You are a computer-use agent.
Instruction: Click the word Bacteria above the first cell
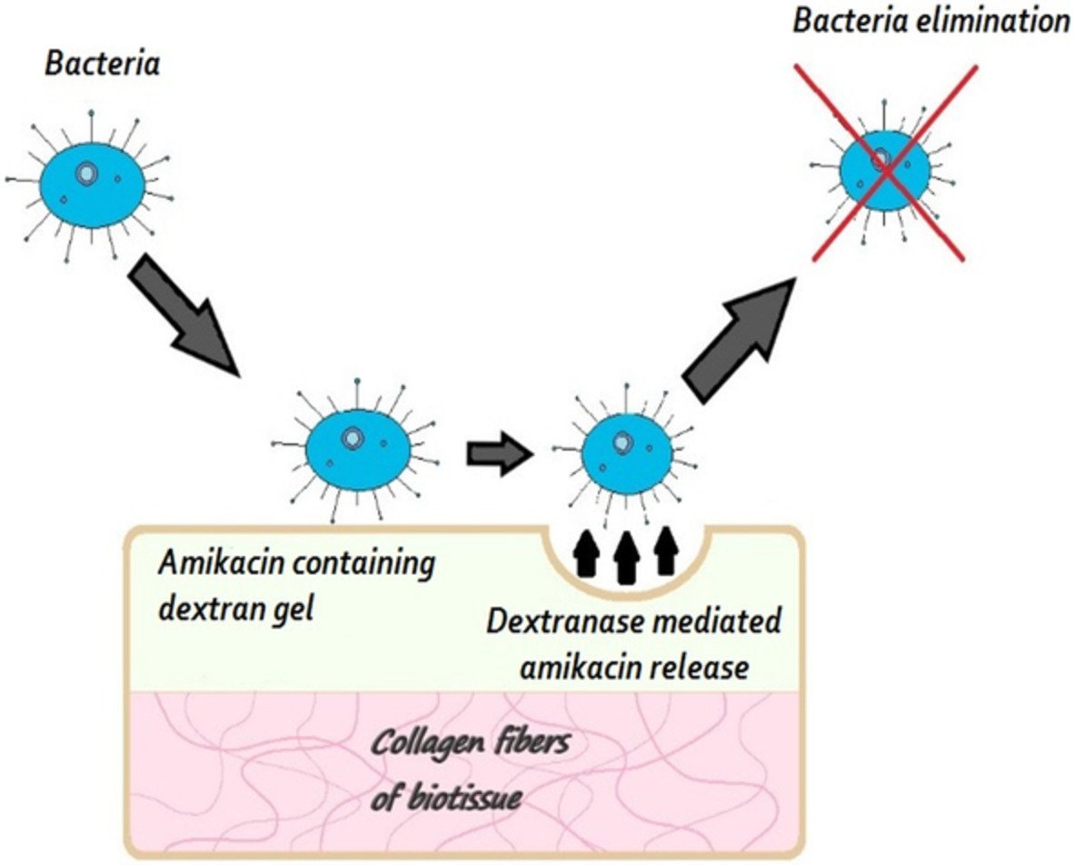(x=102, y=65)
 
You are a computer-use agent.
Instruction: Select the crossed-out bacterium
(x=883, y=167)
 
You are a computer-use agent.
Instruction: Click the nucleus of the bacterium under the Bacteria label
(x=87, y=173)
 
